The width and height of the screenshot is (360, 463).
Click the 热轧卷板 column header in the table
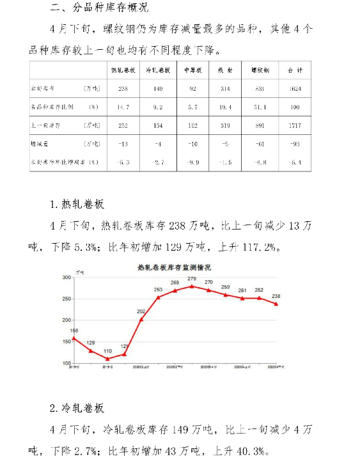[x=123, y=70]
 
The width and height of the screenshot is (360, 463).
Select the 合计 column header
[x=295, y=70]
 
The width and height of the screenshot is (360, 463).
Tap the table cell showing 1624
[x=295, y=88]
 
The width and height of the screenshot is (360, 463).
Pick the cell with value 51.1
[x=260, y=107]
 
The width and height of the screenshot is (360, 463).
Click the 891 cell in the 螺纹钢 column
[x=260, y=125]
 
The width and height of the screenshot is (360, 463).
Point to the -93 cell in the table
[x=295, y=144]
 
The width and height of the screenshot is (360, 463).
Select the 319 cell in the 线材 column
[x=226, y=125]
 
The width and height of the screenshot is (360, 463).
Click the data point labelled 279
[x=191, y=286]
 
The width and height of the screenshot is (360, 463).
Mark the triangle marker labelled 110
[x=107, y=359]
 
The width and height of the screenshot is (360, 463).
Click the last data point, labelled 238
[x=276, y=304]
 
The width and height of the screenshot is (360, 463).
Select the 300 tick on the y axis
[x=66, y=278]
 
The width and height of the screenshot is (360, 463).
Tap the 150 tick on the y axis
[x=66, y=342]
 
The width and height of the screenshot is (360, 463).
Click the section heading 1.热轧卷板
[x=77, y=205]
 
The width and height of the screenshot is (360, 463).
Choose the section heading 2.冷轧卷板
[x=77, y=408]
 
